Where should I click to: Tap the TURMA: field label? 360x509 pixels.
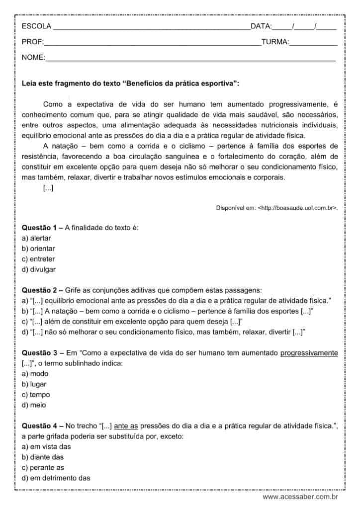(x=275, y=42)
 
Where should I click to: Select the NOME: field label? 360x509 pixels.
(x=33, y=58)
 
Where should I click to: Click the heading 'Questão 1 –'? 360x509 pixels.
(x=42, y=228)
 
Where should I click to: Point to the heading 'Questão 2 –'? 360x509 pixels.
(x=42, y=290)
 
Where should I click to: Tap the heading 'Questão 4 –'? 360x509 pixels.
(x=42, y=425)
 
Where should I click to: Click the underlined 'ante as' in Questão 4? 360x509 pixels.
(x=125, y=425)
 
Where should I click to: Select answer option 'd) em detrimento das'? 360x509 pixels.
(x=56, y=478)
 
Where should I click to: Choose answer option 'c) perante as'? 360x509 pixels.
(x=43, y=468)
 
